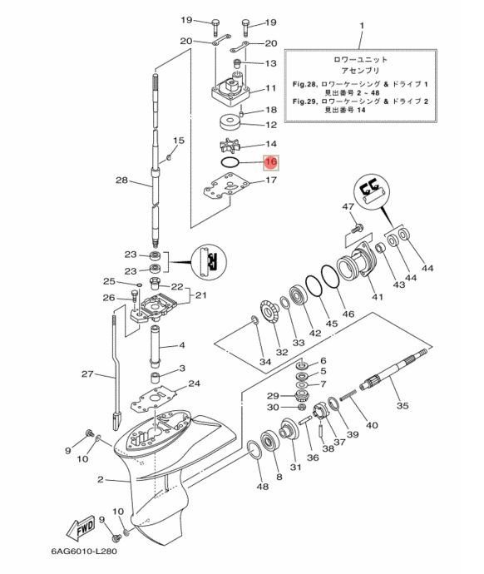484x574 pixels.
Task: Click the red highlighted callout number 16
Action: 270,161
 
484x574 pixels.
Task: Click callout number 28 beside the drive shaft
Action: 121,181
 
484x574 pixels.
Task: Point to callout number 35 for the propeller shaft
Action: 403,407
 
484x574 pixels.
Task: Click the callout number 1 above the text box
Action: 361,27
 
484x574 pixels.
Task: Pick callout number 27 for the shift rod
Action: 87,374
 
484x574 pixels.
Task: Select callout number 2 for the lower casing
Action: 101,479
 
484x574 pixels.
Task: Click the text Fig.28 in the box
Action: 304,85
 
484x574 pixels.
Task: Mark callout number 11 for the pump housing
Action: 270,89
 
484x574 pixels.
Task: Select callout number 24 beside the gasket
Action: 194,383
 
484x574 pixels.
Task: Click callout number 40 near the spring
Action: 371,425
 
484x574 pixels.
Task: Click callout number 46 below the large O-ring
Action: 348,314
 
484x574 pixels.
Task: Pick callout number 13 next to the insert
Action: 270,63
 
